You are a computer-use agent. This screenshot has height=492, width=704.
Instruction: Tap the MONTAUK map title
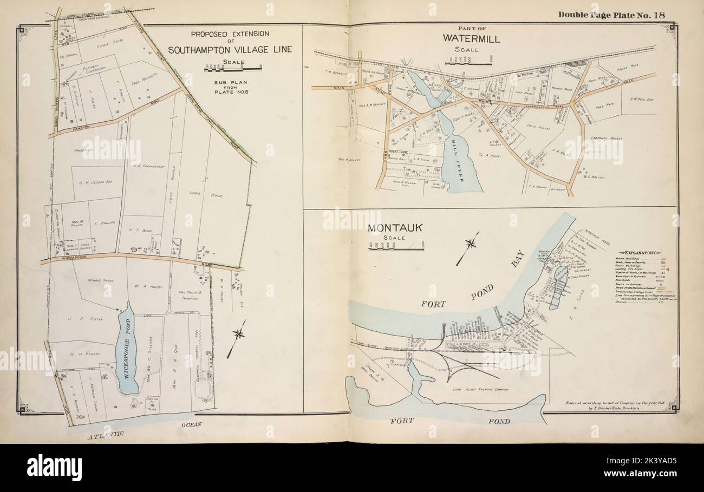pos(389,228)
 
